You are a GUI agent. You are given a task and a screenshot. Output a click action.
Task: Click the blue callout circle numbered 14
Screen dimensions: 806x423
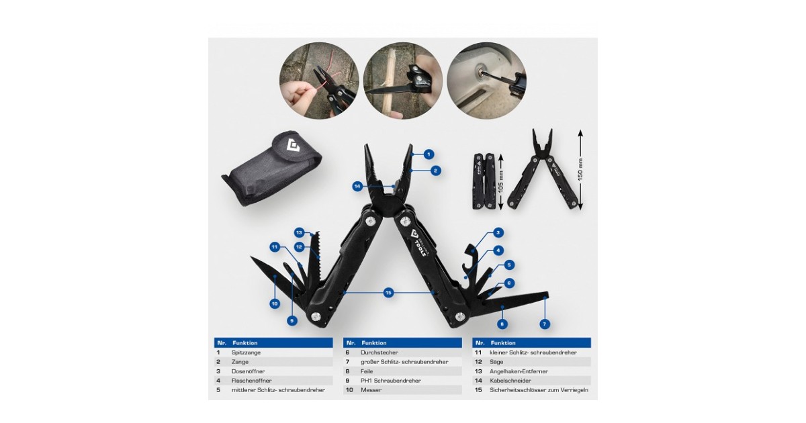(x=357, y=187)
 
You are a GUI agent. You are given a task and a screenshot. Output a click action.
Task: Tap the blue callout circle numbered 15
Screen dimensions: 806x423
(x=388, y=293)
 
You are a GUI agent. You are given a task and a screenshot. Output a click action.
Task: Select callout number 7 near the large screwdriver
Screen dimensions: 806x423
(x=545, y=324)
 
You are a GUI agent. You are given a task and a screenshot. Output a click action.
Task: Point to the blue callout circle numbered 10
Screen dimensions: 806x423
(x=275, y=303)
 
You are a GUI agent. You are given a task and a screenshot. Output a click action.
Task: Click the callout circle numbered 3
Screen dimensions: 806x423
(x=498, y=233)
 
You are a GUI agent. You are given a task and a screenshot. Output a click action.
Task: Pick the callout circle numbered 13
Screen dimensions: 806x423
(x=300, y=233)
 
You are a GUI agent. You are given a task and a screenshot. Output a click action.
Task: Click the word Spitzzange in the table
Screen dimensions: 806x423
(x=246, y=352)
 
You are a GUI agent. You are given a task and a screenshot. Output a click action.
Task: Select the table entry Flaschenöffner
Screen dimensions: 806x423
(x=251, y=381)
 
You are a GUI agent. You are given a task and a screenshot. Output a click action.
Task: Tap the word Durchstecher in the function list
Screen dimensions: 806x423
(x=379, y=352)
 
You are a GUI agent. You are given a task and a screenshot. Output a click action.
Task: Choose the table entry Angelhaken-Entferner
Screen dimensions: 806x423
(x=519, y=371)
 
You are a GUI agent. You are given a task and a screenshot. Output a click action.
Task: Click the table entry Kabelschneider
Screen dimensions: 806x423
(x=510, y=381)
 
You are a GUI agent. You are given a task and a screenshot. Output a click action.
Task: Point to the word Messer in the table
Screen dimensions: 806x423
(x=371, y=390)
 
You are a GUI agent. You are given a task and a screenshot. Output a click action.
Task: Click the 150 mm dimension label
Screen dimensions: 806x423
(x=580, y=170)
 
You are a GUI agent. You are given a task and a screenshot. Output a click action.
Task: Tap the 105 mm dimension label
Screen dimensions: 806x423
(x=501, y=181)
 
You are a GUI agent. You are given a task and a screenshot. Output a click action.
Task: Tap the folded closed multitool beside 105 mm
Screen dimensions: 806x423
(x=484, y=181)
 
